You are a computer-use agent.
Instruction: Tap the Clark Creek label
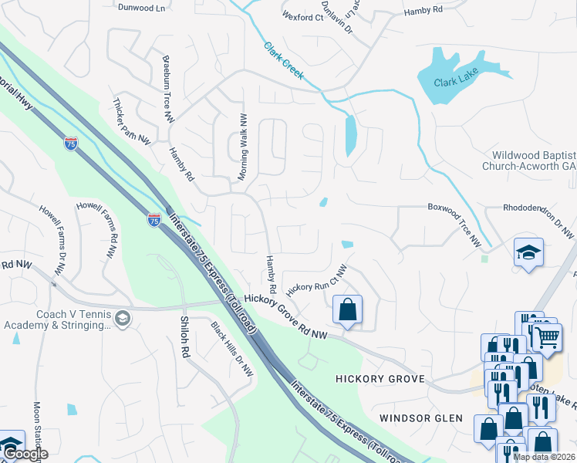point(284,62)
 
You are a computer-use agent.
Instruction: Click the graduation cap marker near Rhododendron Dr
point(529,252)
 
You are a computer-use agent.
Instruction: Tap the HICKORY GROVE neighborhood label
point(380,379)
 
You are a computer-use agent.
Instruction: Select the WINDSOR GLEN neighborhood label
point(420,418)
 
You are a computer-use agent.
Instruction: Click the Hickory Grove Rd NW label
point(286,316)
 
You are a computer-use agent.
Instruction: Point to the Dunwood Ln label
point(143,7)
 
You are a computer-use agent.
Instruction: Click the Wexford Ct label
point(302,15)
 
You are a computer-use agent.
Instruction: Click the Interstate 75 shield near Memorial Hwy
point(71,143)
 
